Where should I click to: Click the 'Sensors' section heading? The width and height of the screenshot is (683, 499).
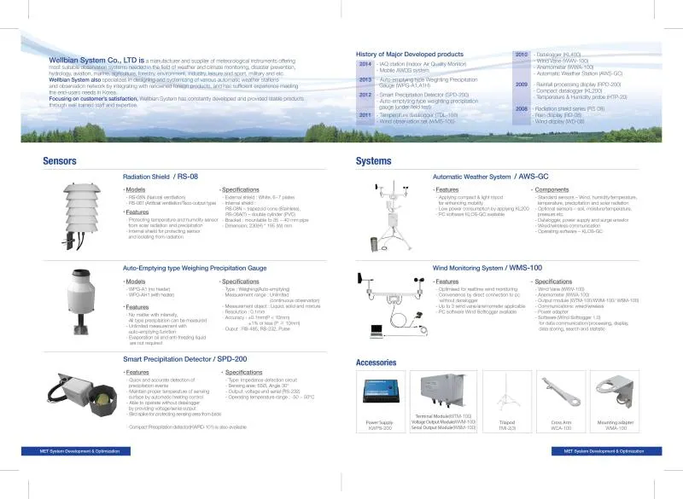(x=59, y=160)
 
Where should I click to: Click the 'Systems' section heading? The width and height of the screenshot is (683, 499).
(x=373, y=160)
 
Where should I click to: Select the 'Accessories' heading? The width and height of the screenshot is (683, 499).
(x=376, y=363)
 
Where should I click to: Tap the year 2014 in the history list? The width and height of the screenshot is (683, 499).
(x=365, y=64)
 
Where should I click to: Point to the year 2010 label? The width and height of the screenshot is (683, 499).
(x=521, y=54)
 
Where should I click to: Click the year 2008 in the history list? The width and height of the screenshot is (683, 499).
(x=521, y=109)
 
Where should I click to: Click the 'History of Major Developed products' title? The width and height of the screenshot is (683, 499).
(x=409, y=54)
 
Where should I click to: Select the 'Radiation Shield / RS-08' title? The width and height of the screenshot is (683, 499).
(x=161, y=176)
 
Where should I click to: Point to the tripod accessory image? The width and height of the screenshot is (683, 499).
(x=506, y=397)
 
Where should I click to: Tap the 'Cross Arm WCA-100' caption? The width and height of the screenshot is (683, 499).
(x=561, y=425)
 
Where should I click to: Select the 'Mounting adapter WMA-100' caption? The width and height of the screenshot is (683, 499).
(x=617, y=425)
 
